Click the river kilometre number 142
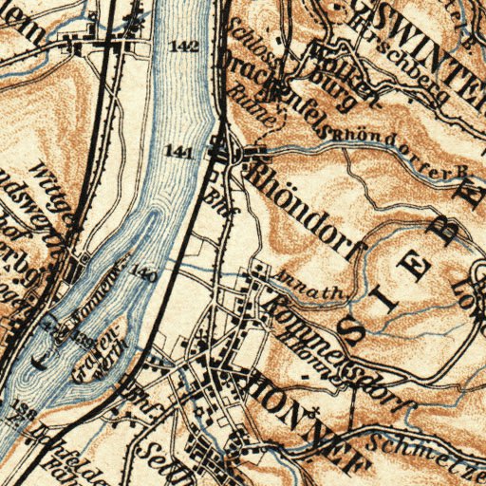click(185, 47)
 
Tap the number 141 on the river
click(178, 151)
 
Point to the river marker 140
click(140, 274)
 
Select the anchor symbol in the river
click(39, 358)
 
